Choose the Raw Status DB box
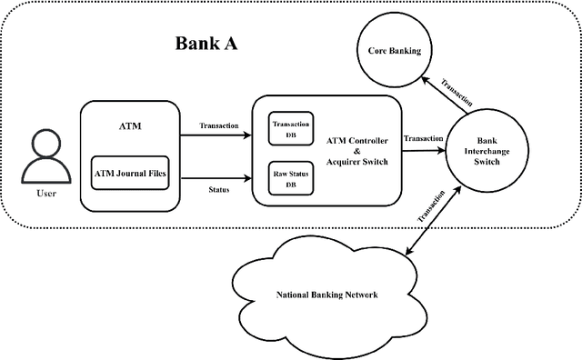tap(290, 176)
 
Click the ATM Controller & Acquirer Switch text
tap(356, 151)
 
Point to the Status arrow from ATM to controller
tap(219, 179)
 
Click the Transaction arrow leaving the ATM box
tap(219, 137)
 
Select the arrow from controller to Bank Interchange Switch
tap(422, 151)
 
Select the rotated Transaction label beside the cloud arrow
tap(435, 206)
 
